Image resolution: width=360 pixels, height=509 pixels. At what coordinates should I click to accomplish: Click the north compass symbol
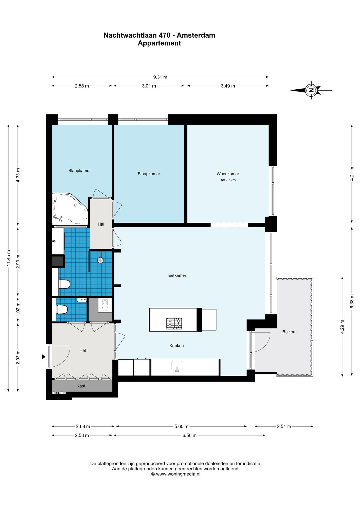(x=311, y=90)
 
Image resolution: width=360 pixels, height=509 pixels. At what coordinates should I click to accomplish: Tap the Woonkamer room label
(x=228, y=174)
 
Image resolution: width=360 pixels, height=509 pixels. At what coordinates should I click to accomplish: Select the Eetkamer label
(x=177, y=275)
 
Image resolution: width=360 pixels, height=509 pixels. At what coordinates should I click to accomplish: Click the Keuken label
(x=177, y=346)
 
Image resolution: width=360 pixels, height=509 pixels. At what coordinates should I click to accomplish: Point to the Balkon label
(x=289, y=332)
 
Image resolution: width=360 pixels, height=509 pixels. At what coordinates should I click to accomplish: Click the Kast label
(x=81, y=386)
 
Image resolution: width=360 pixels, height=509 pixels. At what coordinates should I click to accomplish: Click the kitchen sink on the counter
(x=177, y=366)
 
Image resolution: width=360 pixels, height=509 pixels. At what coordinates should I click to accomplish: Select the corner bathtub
(x=70, y=209)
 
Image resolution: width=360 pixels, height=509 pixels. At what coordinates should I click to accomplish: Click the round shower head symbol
(x=100, y=260)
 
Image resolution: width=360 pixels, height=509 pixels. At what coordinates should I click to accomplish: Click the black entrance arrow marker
(x=43, y=357)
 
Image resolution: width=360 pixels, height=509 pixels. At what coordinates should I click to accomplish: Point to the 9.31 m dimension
(x=160, y=77)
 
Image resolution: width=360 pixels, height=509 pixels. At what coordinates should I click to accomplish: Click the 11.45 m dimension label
(x=8, y=258)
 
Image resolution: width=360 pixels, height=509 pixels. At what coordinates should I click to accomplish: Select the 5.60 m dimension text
(x=181, y=427)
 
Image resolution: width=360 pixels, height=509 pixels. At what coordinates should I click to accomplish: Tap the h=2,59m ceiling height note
(x=228, y=180)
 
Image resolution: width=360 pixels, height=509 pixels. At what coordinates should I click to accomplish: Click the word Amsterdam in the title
(x=196, y=35)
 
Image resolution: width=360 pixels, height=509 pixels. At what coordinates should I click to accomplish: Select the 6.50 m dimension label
(x=190, y=436)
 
